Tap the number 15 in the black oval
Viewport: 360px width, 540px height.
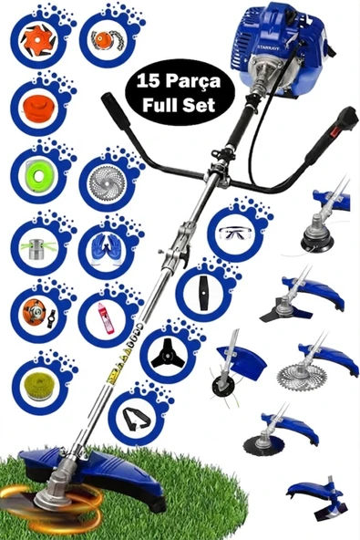(149, 81)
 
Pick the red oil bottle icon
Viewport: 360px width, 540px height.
(107, 317)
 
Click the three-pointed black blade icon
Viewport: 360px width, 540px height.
(168, 356)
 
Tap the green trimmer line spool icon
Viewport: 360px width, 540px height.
(39, 174)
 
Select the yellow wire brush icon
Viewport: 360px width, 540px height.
(39, 385)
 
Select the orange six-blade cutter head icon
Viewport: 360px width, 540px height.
(38, 41)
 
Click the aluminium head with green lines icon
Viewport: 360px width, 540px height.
(39, 247)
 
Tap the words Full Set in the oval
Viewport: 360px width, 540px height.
(179, 104)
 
